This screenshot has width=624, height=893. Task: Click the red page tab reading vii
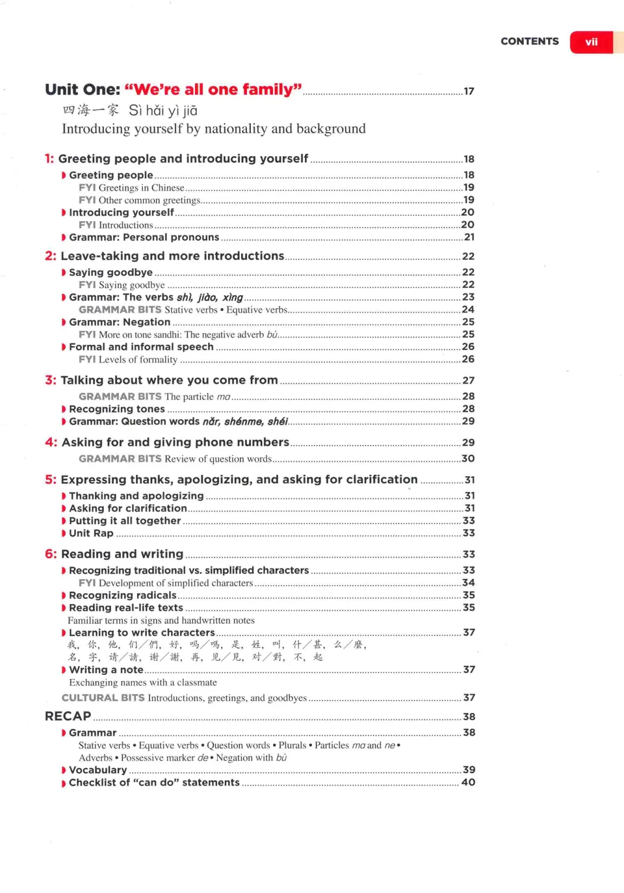click(591, 42)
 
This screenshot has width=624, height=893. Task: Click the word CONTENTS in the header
click(529, 41)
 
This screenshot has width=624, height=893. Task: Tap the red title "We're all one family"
click(213, 89)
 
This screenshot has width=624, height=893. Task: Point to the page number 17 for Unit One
click(469, 91)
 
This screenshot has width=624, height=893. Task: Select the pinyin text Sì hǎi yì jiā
click(163, 111)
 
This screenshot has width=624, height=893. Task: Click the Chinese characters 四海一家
click(91, 111)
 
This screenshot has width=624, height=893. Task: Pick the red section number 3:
click(51, 380)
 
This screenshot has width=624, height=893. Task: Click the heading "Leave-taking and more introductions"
click(172, 256)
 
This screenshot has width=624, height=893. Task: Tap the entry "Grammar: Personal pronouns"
click(144, 237)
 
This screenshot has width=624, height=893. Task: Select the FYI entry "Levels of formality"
click(138, 360)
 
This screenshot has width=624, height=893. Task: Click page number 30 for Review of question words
click(468, 459)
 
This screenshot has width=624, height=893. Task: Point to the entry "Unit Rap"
click(91, 533)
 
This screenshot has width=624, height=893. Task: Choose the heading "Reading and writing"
click(122, 554)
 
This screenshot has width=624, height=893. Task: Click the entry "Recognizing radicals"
click(122, 595)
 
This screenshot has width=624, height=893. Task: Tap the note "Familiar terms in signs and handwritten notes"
click(161, 620)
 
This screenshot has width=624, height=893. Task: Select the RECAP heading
click(68, 716)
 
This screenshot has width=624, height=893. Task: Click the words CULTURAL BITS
click(103, 698)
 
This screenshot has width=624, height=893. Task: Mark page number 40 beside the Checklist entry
click(468, 782)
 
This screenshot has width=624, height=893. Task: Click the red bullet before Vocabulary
click(64, 770)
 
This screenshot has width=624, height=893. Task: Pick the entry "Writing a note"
click(106, 670)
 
